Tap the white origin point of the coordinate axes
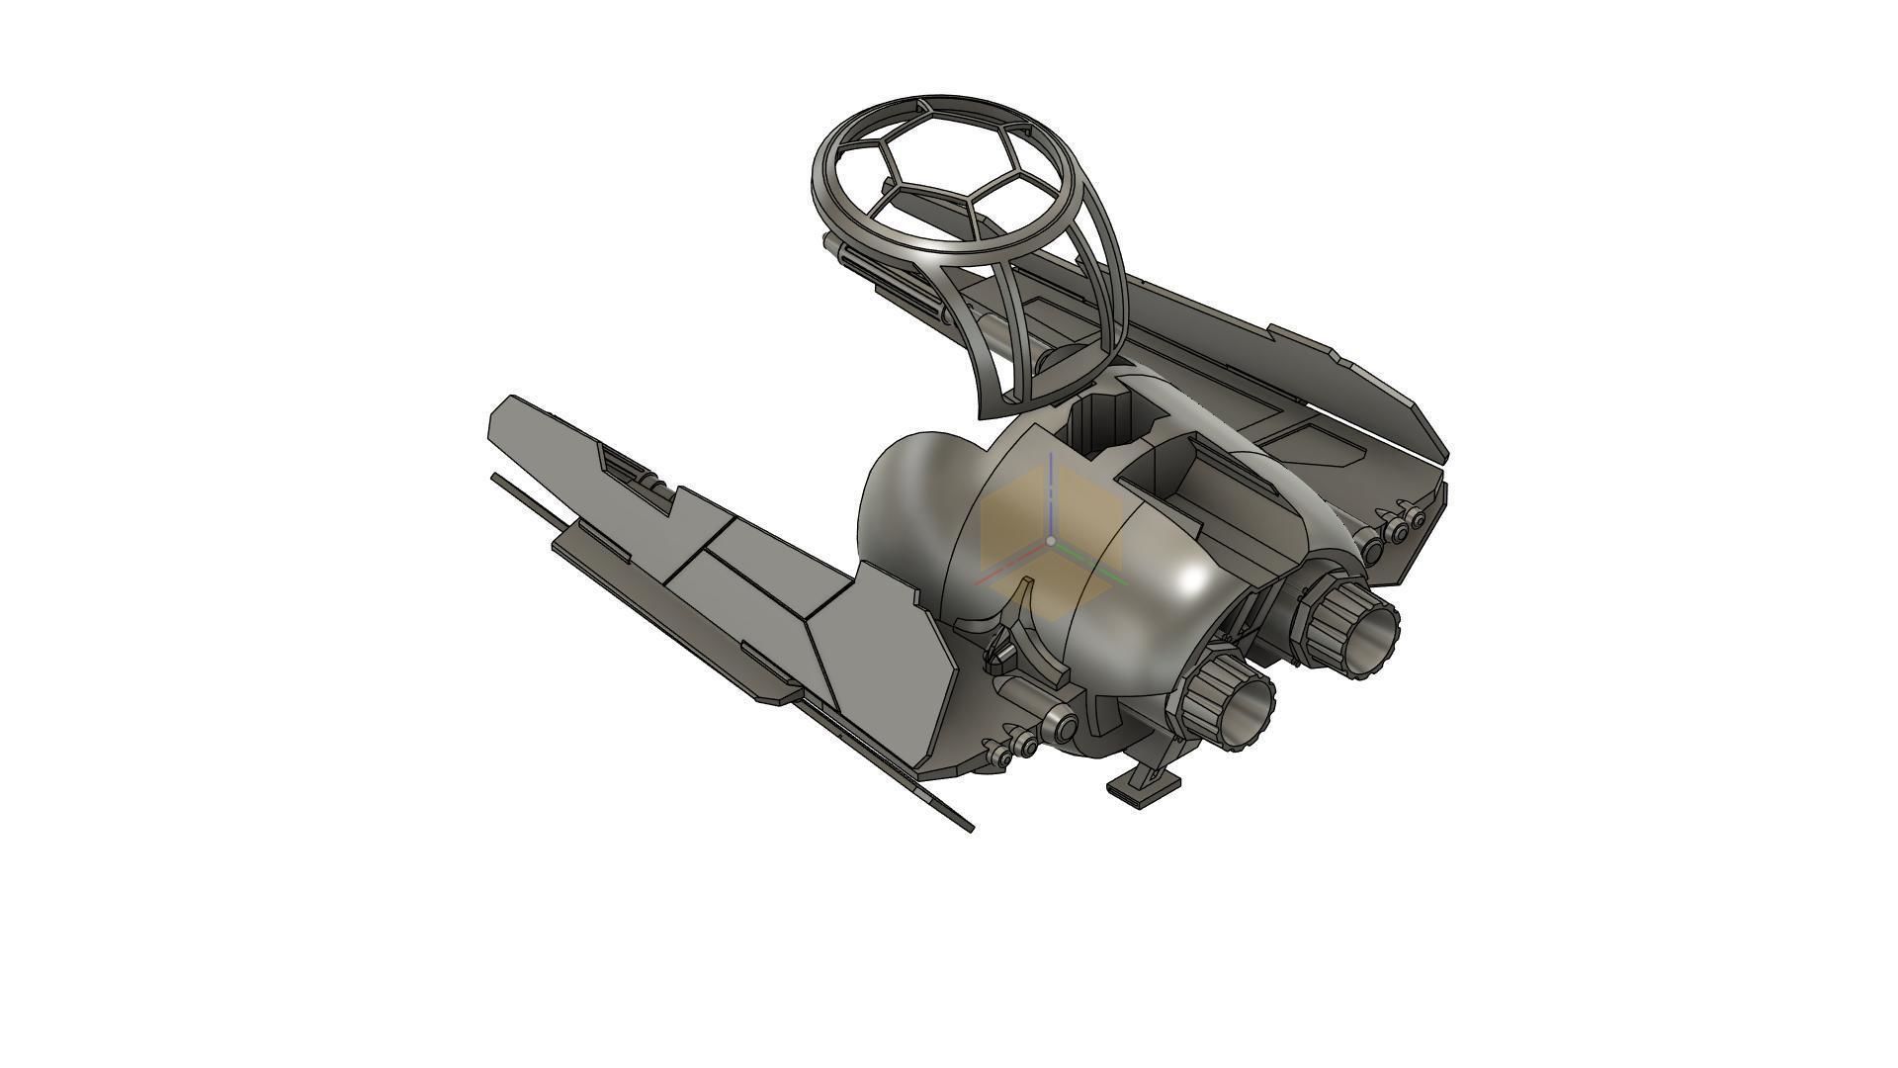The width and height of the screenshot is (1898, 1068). pyautogui.click(x=1051, y=541)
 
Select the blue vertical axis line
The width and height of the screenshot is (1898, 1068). pyautogui.click(x=1051, y=494)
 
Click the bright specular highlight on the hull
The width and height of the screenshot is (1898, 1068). pyautogui.click(x=1194, y=581)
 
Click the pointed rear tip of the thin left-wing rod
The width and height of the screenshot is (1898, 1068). pyautogui.click(x=969, y=827)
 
